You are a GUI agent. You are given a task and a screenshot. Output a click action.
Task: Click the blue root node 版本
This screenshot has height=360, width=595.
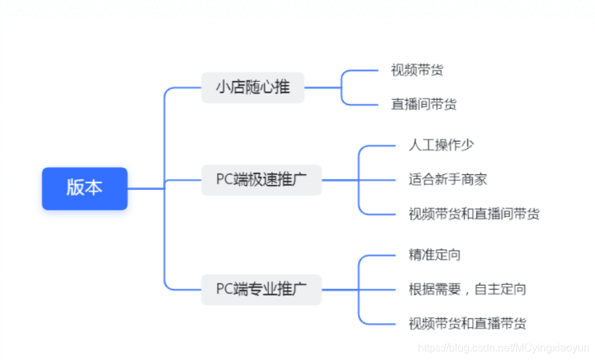85,188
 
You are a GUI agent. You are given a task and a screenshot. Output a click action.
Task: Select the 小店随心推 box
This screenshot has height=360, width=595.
253,87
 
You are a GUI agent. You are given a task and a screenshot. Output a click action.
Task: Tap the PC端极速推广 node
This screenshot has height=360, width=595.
261,180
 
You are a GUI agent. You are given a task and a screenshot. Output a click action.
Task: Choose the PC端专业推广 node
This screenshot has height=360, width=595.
261,289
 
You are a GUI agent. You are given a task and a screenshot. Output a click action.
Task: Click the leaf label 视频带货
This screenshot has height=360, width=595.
417,70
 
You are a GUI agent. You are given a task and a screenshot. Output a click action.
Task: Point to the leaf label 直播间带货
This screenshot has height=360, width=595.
423,105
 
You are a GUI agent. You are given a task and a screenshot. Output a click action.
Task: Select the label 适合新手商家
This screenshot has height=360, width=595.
447,179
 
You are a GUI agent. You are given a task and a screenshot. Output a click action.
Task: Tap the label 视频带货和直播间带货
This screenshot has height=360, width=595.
474,214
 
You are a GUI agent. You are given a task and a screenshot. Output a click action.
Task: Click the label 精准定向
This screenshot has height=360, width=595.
434,255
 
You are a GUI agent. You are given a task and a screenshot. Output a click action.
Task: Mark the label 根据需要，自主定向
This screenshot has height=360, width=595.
467,289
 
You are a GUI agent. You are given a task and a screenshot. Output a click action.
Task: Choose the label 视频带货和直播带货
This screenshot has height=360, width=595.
467,324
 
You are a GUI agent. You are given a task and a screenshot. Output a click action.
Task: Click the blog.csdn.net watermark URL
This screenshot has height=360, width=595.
503,348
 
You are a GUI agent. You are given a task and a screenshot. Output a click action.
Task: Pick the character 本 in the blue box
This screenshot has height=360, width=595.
94,188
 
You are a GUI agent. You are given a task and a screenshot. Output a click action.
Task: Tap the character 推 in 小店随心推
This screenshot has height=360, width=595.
282,87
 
